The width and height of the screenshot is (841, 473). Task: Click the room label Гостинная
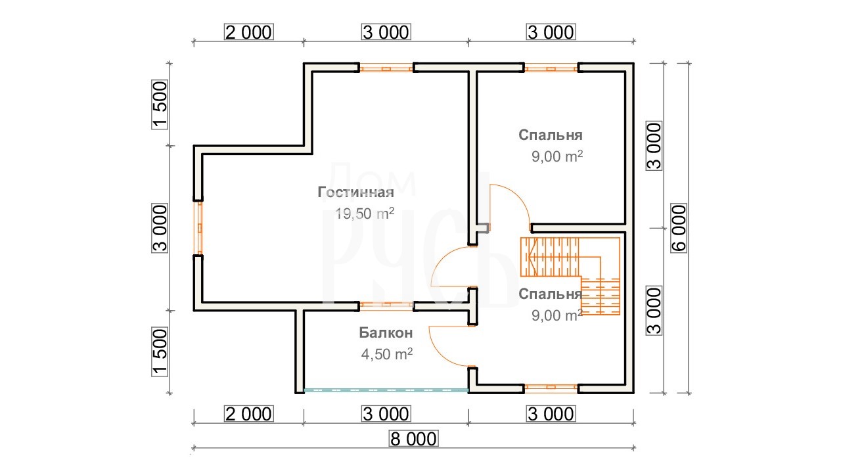click(x=355, y=192)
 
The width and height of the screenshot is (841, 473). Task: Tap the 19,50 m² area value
click(x=365, y=214)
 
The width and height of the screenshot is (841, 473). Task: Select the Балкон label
click(x=386, y=332)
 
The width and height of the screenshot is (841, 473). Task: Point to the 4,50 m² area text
click(x=387, y=354)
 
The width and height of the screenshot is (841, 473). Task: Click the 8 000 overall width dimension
click(x=413, y=439)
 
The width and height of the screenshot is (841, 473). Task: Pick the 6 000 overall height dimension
click(x=679, y=228)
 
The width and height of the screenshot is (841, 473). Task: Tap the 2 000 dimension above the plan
click(x=248, y=32)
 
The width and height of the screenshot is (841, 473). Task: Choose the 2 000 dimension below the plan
click(x=248, y=414)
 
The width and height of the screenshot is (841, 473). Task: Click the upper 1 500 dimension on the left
click(x=160, y=104)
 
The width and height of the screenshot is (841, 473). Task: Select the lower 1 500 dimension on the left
click(x=160, y=351)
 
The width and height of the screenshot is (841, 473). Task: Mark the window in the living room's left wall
click(x=199, y=228)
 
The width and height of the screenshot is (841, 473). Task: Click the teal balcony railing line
click(x=386, y=390)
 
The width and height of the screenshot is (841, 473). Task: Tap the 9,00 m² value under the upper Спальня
click(x=557, y=156)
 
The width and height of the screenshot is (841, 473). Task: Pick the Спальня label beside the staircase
click(x=551, y=294)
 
